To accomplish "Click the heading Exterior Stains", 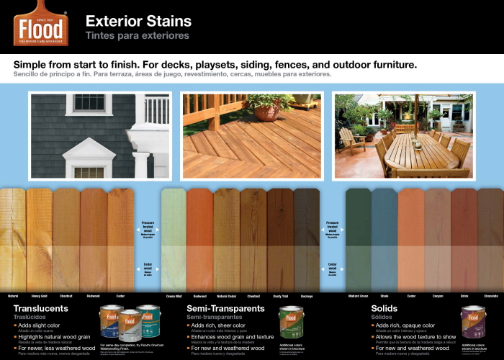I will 138,21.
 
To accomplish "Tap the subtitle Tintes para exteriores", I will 137,35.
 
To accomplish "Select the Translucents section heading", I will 40,308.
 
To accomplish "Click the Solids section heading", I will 384,308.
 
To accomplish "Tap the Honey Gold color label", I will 40,296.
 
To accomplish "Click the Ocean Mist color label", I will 174,296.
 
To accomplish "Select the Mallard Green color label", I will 358,296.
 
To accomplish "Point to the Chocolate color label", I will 491,296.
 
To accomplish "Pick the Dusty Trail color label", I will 280,296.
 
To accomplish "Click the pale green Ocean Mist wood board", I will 174,238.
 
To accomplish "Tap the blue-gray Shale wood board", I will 384,238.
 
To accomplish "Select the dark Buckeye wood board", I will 307,238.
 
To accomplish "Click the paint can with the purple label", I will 474,322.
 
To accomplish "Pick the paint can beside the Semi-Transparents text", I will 292,322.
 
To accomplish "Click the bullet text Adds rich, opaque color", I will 405,325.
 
